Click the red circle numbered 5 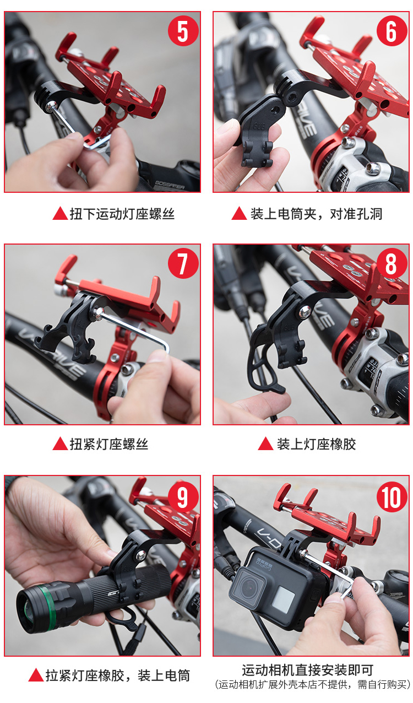pos(183,31)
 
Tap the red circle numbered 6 pos(392,31)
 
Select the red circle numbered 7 pos(183,263)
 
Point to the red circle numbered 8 pos(392,263)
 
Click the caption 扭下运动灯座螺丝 pos(122,214)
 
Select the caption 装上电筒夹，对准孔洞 pos(316,214)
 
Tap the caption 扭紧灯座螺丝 pos(109,444)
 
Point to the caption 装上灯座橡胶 pos(316,444)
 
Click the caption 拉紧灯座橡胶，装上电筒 pos(118,675)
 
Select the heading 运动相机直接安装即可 pos(307,670)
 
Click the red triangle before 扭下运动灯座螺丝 pos(60,213)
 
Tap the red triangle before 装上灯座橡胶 pos(265,444)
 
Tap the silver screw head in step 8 pos(305,312)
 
